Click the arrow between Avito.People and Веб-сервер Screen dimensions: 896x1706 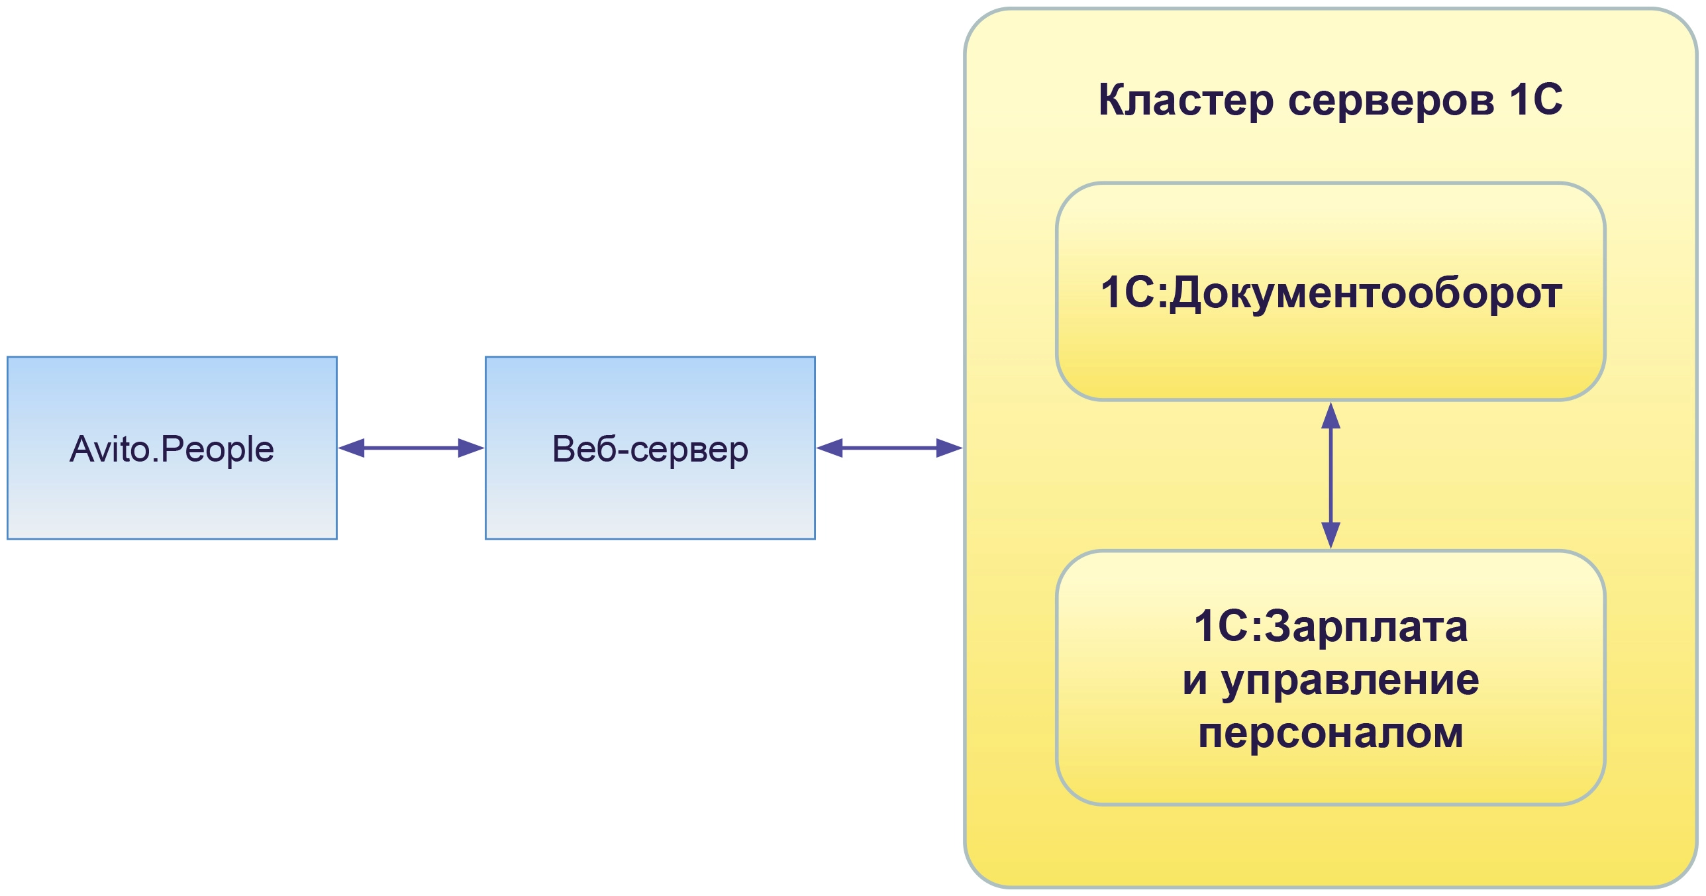tap(411, 448)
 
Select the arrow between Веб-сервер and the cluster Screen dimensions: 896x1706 tap(889, 448)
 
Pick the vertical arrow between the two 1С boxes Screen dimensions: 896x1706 tap(1330, 475)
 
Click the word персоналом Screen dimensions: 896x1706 tap(1330, 733)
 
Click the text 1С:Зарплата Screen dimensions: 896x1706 tap(1330, 626)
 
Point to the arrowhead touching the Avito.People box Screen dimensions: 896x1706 tap(352, 448)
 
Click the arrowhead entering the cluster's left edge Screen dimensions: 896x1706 tap(949, 448)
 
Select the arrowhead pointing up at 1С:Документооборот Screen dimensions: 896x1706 tap(1330, 415)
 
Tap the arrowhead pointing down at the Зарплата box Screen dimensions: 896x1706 tap(1330, 535)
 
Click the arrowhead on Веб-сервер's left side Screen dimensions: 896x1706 tap(471, 448)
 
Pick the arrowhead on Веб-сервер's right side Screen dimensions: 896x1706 tap(829, 448)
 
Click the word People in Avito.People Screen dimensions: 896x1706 tap(217, 449)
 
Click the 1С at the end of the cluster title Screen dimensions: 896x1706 tap(1536, 101)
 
